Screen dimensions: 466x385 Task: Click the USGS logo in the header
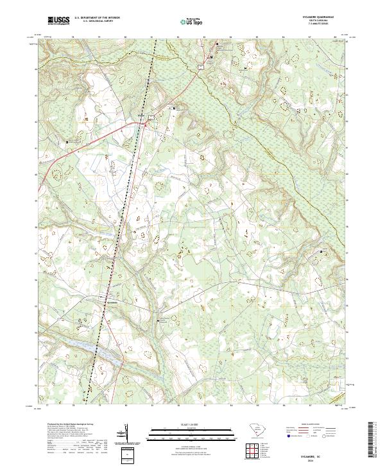pos(58,21)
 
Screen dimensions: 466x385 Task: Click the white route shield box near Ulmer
pos(151,116)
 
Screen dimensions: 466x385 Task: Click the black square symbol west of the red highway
pos(68,142)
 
